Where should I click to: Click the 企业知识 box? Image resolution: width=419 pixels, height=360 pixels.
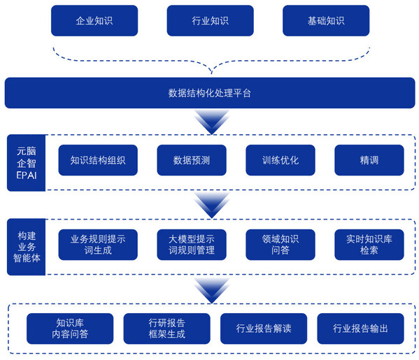click(x=94, y=21)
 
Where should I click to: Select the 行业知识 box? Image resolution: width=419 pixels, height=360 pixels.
click(x=209, y=21)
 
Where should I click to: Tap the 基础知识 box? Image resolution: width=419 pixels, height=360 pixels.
click(x=325, y=21)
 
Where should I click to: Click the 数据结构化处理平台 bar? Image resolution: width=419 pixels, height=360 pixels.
click(x=209, y=93)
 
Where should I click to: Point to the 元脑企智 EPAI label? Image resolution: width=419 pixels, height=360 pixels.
click(x=26, y=161)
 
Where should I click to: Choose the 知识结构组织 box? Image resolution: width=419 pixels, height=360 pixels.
click(x=98, y=160)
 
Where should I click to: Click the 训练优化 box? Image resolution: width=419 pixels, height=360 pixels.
click(x=280, y=160)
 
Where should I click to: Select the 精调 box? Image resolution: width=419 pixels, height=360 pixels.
click(x=369, y=160)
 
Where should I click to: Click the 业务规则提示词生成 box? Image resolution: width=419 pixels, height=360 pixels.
click(x=98, y=245)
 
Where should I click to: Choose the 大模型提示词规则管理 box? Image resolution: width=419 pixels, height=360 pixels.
click(x=191, y=245)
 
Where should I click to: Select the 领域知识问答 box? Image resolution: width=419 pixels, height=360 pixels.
click(x=280, y=245)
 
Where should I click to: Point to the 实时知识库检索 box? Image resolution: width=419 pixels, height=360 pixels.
click(x=369, y=245)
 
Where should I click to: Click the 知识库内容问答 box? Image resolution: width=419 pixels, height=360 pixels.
click(x=69, y=329)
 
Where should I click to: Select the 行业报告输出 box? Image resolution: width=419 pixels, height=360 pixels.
click(x=360, y=329)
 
